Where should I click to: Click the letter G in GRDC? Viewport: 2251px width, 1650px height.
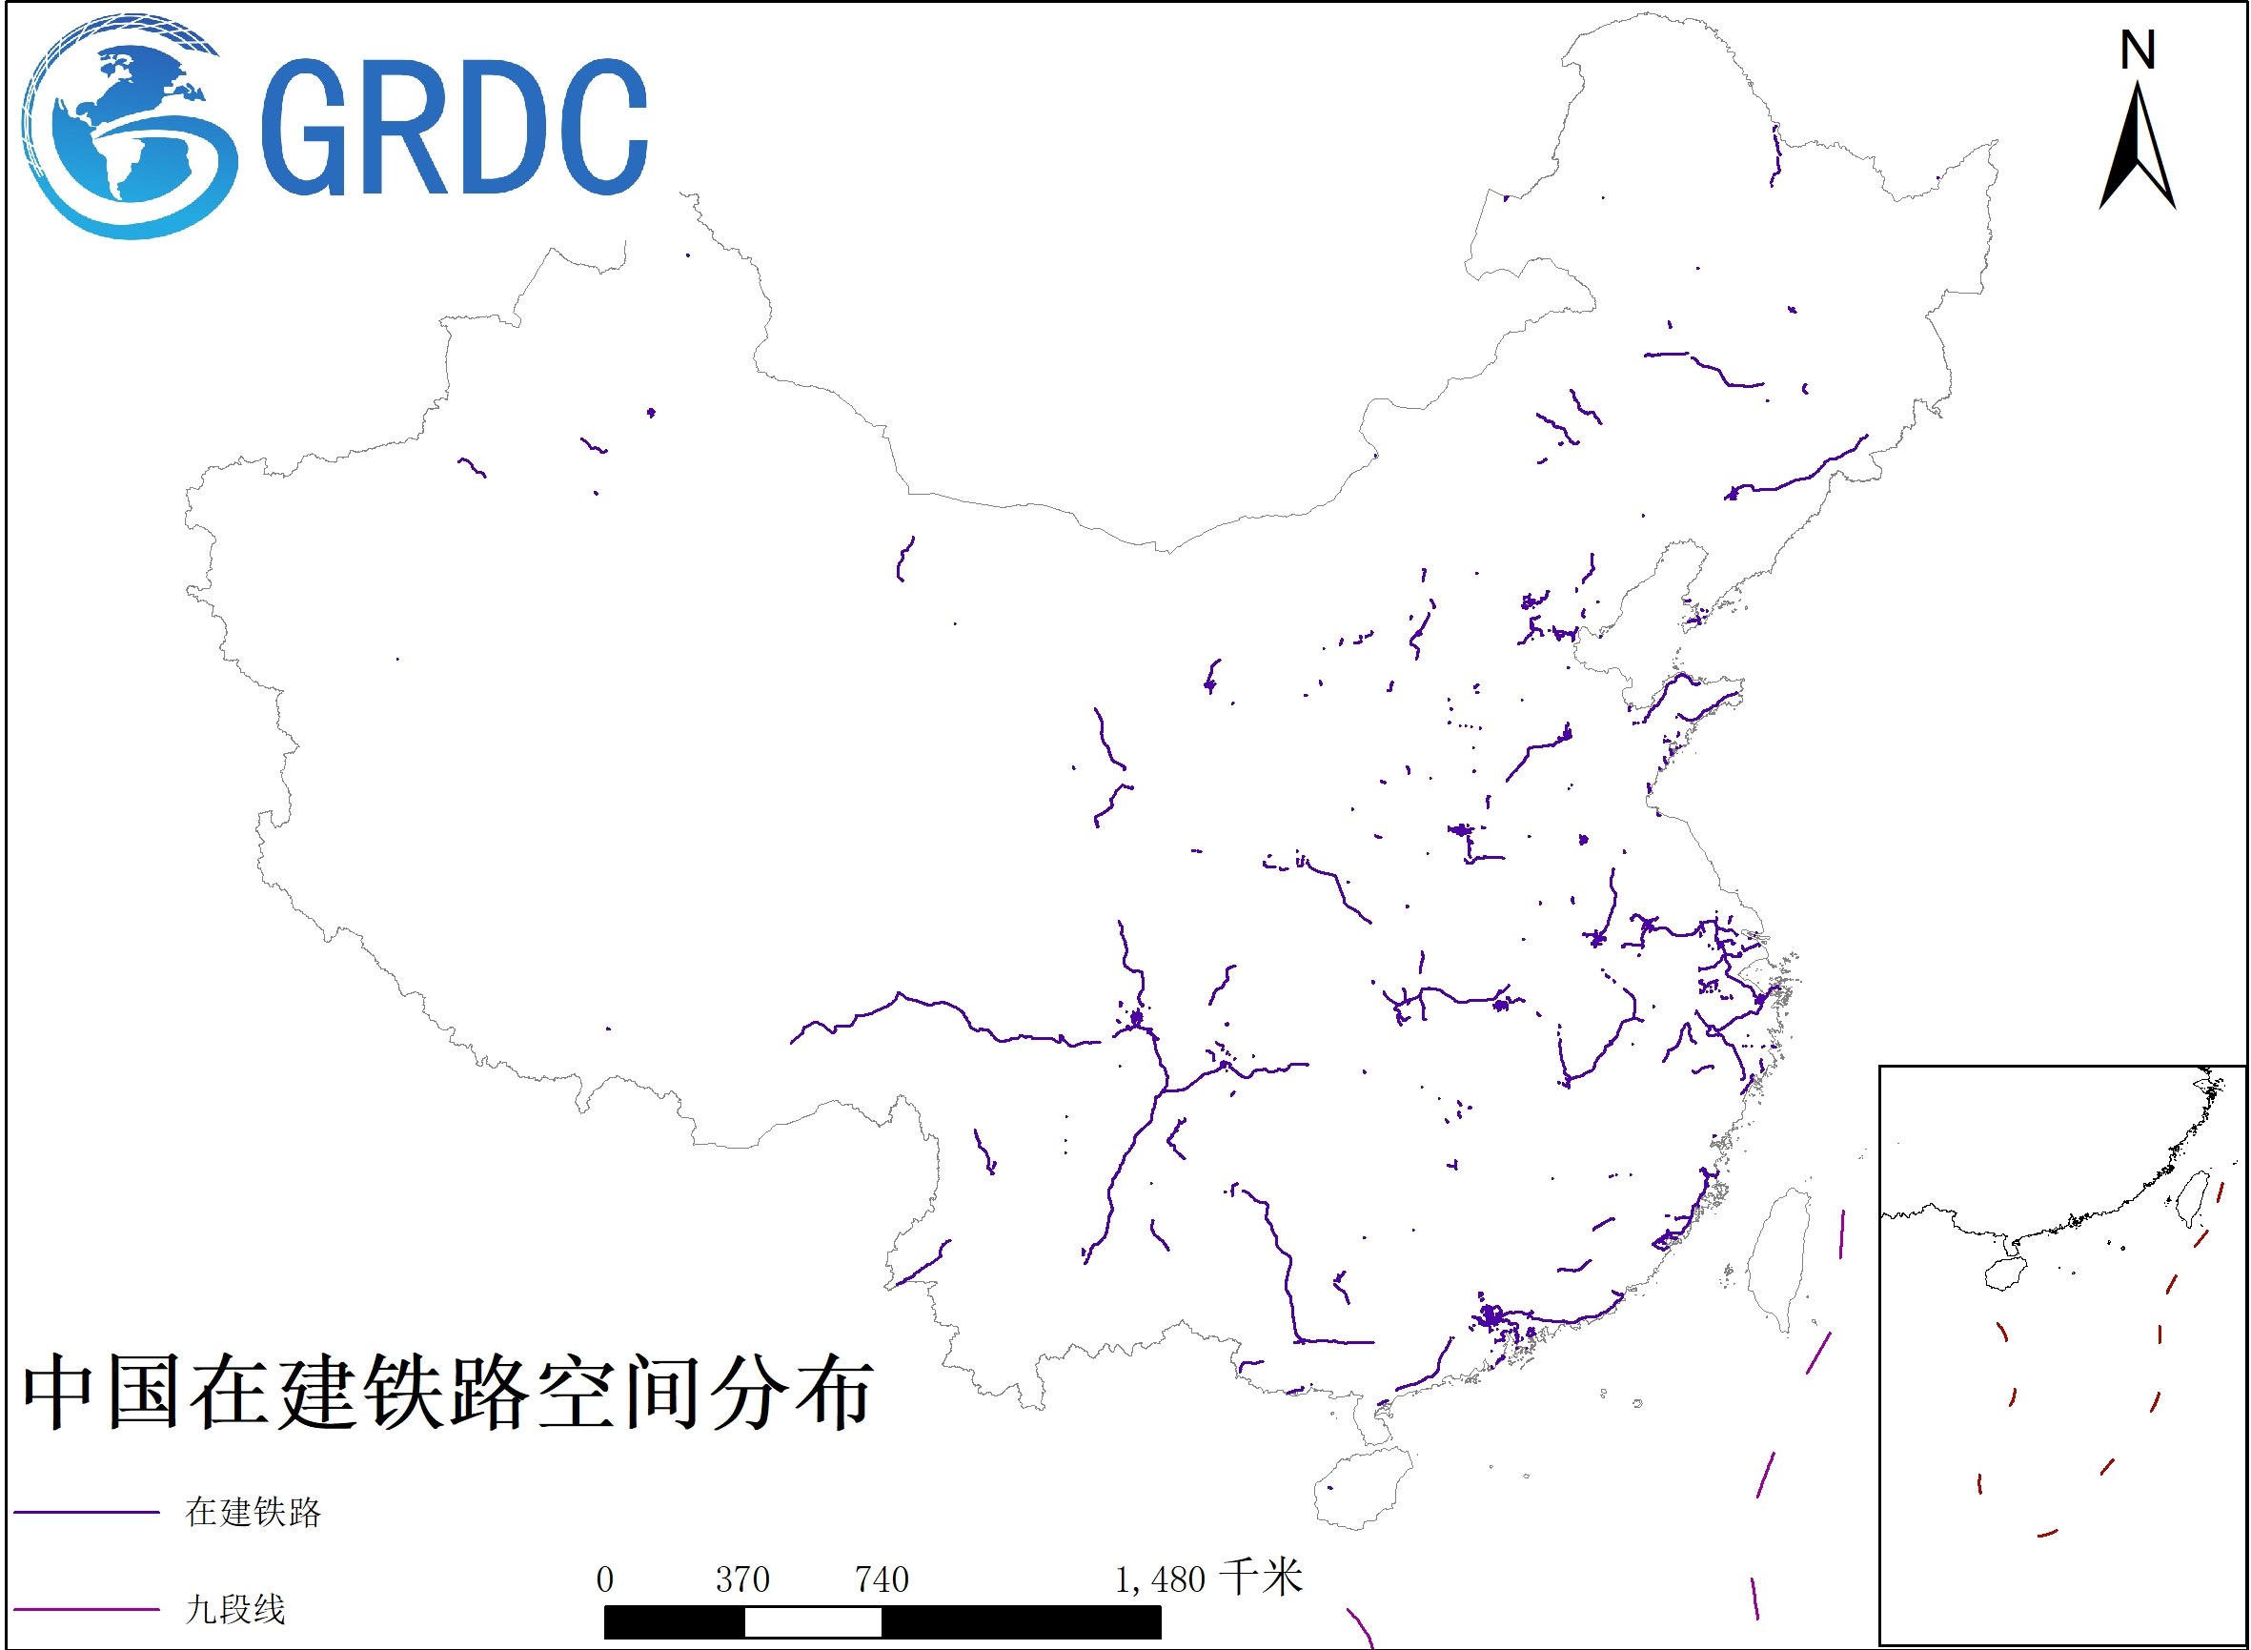click(305, 127)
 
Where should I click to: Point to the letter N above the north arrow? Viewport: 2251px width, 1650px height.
click(2139, 50)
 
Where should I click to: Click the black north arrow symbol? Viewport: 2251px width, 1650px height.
click(2139, 150)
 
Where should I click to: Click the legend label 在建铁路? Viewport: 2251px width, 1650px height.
click(253, 1512)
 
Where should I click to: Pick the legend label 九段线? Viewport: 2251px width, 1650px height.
click(235, 1609)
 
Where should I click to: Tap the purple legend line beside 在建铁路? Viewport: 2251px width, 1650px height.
click(87, 1512)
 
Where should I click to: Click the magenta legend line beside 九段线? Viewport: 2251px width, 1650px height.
click(87, 1609)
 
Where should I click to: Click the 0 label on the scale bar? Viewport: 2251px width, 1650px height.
click(604, 1580)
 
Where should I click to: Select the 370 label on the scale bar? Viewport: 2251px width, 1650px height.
click(742, 1580)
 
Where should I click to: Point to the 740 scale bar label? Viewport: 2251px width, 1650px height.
click(882, 1580)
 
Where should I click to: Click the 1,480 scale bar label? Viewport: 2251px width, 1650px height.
click(1161, 1580)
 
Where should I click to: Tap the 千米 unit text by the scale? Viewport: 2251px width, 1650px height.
click(1263, 1579)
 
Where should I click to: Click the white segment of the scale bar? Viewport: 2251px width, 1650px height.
click(813, 1622)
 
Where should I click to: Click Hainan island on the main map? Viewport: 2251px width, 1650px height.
click(1361, 1488)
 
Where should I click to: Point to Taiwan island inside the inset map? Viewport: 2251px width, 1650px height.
click(2193, 1197)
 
